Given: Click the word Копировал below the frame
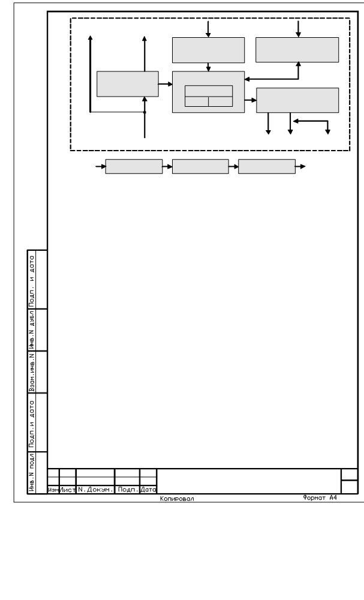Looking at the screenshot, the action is (x=177, y=499).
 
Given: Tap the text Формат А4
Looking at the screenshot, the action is (x=320, y=498).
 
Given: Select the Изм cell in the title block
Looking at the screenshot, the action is (x=53, y=490).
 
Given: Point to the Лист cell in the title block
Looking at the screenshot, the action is (x=68, y=490).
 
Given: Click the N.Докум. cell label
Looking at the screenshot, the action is (x=95, y=490).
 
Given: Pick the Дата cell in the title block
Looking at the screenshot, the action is (x=148, y=490).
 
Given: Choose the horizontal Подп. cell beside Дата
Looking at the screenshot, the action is (x=127, y=490).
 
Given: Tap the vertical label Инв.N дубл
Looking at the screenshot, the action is (x=32, y=329).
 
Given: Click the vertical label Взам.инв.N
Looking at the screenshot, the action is (x=32, y=372).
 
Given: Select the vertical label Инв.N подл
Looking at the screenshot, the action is (x=32, y=473).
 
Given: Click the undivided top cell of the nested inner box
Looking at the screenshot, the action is (x=209, y=91).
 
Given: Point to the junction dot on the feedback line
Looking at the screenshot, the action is (x=145, y=112).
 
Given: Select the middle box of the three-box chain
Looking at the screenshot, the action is (x=200, y=166).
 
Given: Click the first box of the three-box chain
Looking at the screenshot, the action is (x=134, y=166).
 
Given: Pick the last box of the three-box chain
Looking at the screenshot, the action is (x=267, y=166).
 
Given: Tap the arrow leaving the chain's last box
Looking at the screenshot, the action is (x=300, y=166).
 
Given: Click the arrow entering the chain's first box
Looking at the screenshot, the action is (x=101, y=166).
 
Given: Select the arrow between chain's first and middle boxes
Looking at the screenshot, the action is (x=167, y=166).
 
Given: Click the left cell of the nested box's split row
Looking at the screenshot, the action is (x=197, y=101).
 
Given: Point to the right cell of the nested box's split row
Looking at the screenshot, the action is (x=221, y=101).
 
